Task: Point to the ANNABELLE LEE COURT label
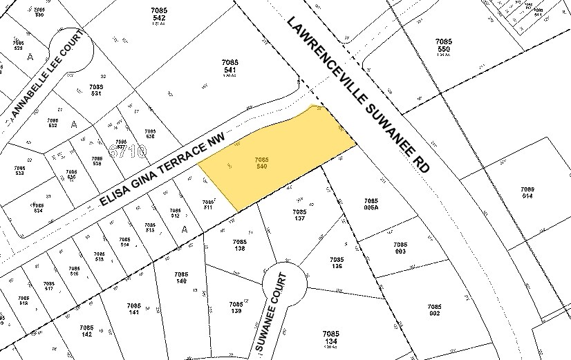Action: (45, 74)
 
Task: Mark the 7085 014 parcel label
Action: (527, 193)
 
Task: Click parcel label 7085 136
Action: (337, 263)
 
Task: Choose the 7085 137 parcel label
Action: (299, 216)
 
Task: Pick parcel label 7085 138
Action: (240, 245)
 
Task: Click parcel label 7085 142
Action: (86, 331)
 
